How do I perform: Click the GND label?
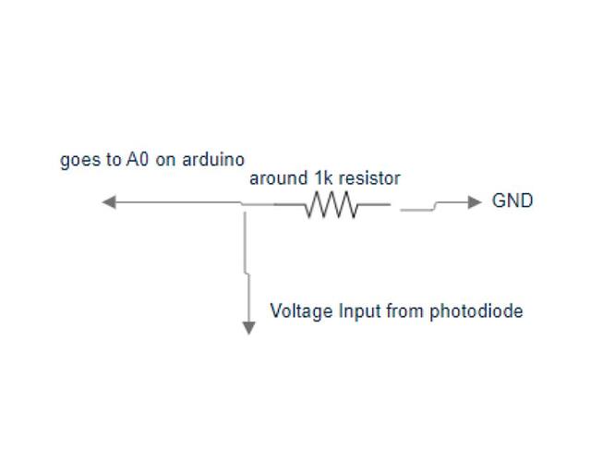(512, 201)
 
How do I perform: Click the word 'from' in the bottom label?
(405, 311)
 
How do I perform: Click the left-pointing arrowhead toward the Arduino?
(108, 202)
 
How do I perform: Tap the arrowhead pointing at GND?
(475, 202)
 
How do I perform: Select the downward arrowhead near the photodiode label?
(247, 326)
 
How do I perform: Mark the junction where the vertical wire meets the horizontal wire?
(245, 204)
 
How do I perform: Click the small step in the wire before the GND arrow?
(436, 206)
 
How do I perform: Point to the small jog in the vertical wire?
(246, 272)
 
